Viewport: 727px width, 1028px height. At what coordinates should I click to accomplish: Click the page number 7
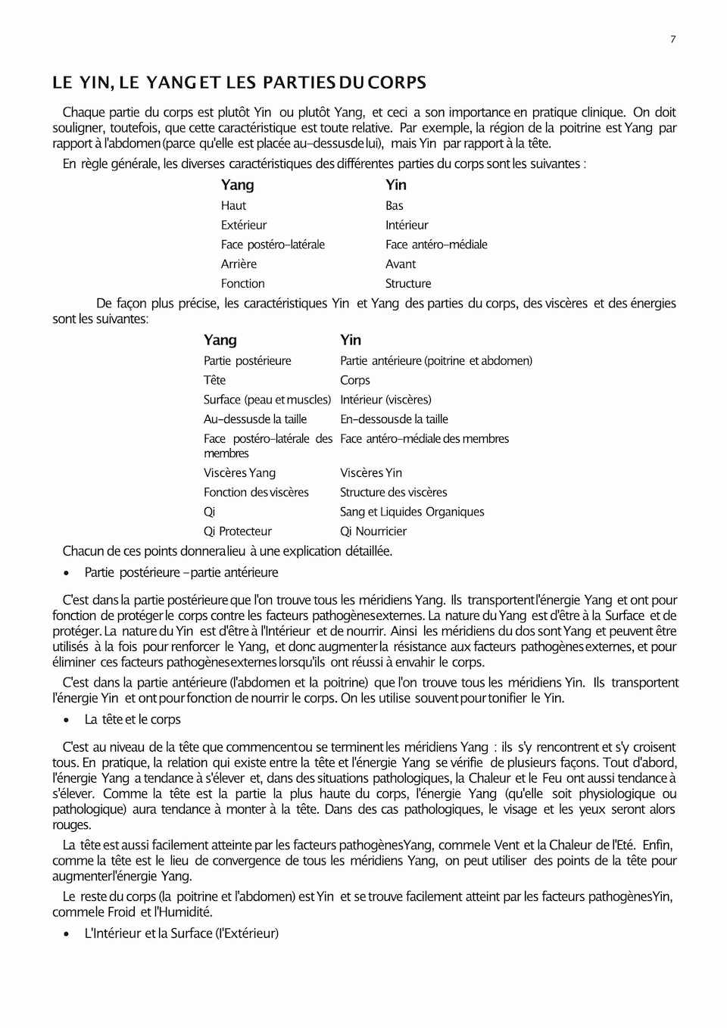[x=672, y=39]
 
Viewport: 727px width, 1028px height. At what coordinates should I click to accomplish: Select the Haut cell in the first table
[x=233, y=206]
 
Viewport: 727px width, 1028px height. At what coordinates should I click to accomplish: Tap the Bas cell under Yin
[x=394, y=206]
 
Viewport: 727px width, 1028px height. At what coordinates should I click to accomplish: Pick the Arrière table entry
[x=239, y=264]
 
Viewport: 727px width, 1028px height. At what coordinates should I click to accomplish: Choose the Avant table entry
[x=401, y=264]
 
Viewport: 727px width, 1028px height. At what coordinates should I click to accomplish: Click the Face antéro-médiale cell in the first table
[x=436, y=245]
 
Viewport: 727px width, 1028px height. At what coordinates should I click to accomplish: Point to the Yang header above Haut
[x=237, y=185]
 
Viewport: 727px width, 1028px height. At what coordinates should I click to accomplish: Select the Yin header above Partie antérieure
[x=351, y=341]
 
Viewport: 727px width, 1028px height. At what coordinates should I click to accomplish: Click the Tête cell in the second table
[x=214, y=381]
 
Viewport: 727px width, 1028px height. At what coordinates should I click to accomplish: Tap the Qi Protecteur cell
[x=237, y=531]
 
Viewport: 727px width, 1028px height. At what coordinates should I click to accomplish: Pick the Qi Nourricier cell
[x=373, y=531]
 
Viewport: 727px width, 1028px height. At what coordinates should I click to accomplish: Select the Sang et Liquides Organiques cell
[x=412, y=512]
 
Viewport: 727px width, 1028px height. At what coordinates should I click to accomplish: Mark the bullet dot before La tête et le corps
[x=67, y=721]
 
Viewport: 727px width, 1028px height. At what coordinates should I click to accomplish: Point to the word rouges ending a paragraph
[x=71, y=825]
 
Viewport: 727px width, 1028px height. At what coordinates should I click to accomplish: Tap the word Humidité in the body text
[x=187, y=912]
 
